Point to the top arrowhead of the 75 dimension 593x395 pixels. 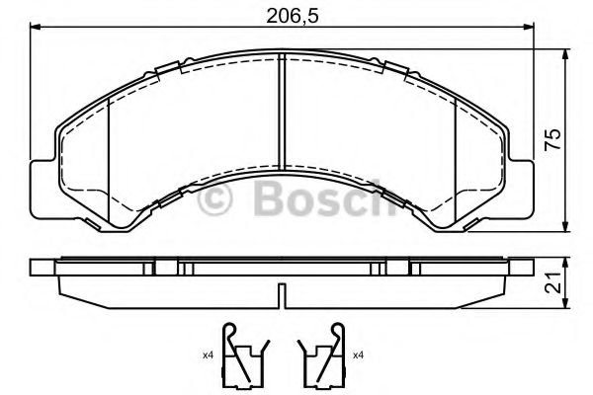(x=564, y=48)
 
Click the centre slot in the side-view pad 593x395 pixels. (x=283, y=296)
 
